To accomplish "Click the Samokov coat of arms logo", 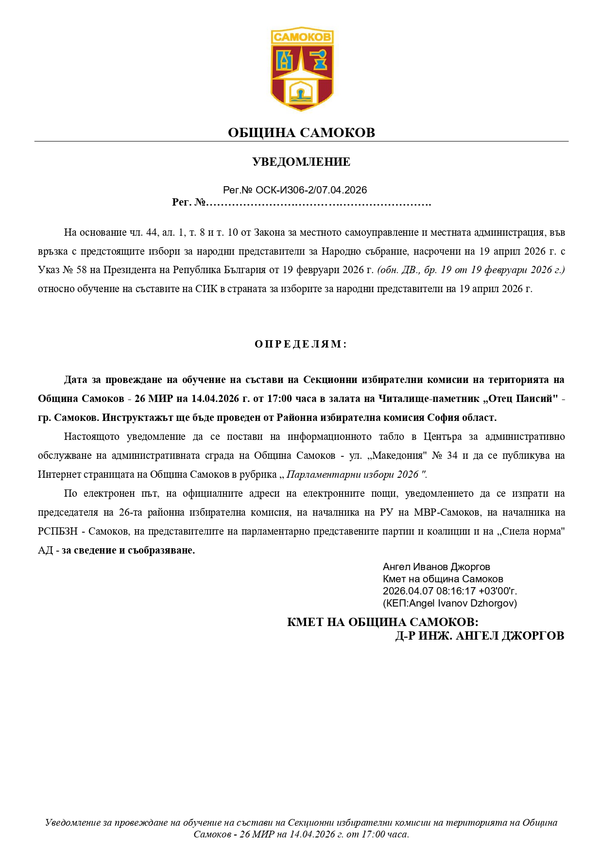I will click(302, 69).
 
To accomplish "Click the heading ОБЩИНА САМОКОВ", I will click(301, 133).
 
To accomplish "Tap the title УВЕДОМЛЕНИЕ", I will click(301, 162).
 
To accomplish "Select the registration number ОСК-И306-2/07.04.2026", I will click(311, 190).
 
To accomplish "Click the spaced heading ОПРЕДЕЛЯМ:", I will click(301, 344).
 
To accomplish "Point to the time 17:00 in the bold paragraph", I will click(279, 399).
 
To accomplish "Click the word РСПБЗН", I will click(58, 531).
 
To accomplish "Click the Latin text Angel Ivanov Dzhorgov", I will click(462, 603).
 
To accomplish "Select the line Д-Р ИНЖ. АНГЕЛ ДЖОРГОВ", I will click(480, 636).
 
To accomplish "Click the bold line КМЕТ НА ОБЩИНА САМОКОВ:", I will click(382, 622).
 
